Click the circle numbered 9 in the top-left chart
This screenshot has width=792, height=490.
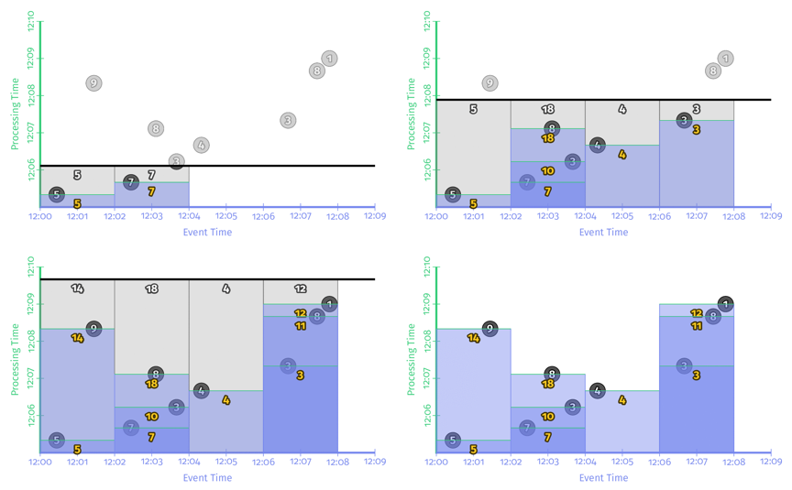[x=93, y=83]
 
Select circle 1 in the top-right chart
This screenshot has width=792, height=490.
[x=725, y=59]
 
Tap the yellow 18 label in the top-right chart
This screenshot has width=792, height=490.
[x=548, y=139]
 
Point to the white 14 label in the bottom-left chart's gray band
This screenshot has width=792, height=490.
[x=77, y=289]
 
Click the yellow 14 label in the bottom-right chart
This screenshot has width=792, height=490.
[x=474, y=338]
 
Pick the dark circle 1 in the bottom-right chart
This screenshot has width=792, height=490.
[x=725, y=304]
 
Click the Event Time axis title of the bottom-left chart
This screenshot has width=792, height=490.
[x=207, y=478]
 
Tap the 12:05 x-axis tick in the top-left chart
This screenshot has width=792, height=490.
[x=225, y=218]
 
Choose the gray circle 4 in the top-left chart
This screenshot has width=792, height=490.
[x=201, y=145]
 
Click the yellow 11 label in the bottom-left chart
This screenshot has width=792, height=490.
[x=301, y=326]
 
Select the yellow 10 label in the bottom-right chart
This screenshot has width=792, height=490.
[x=547, y=417]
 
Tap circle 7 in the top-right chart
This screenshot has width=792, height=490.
[x=526, y=181]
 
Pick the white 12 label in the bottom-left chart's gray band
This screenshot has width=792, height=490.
[x=301, y=289]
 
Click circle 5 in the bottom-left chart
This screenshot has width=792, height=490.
[x=57, y=441]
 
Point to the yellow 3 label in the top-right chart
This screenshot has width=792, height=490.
[x=697, y=130]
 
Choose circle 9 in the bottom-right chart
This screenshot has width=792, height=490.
[x=489, y=329]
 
